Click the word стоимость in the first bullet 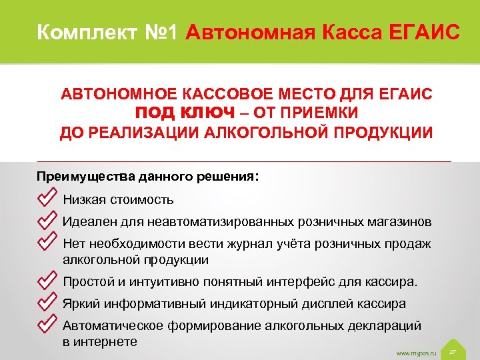coord(141,199)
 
